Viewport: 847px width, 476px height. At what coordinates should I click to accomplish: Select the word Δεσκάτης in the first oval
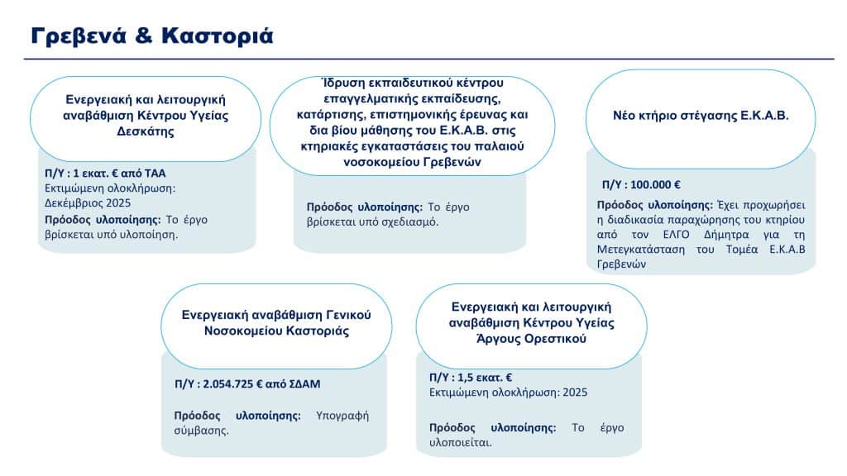pyautogui.click(x=146, y=131)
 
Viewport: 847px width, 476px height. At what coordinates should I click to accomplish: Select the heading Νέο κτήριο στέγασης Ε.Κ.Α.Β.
pyautogui.click(x=700, y=116)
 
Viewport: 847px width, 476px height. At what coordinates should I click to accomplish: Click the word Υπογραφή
pyautogui.click(x=342, y=416)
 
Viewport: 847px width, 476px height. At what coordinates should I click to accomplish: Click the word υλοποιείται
pyautogui.click(x=459, y=442)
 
